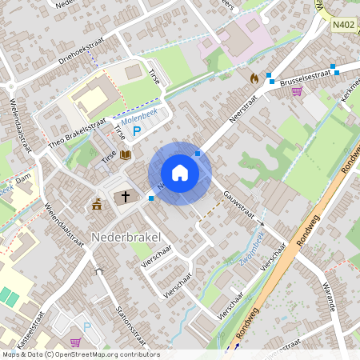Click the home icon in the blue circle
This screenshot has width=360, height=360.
(x=180, y=173)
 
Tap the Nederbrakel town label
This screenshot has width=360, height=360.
(x=126, y=237)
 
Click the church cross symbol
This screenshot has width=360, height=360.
(x=125, y=197)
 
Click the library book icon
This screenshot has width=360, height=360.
(x=125, y=154)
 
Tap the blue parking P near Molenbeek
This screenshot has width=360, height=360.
(x=136, y=130)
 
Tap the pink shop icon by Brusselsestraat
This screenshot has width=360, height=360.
(x=298, y=91)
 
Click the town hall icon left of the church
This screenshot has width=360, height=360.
(x=98, y=203)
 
